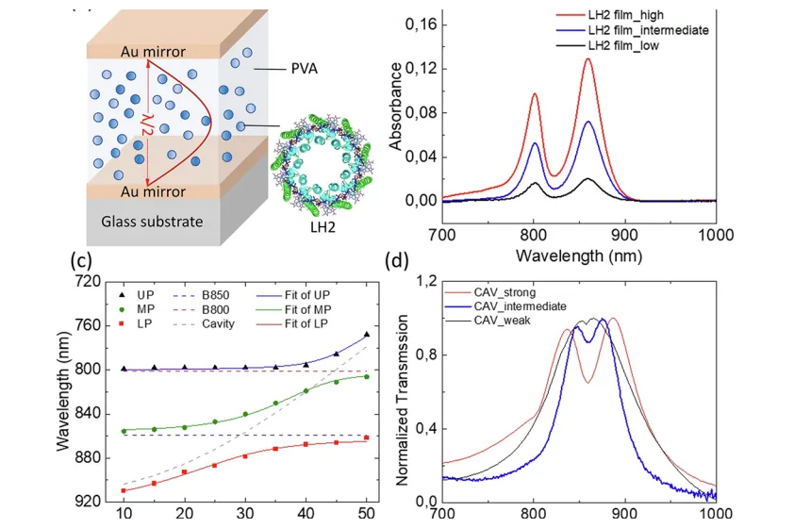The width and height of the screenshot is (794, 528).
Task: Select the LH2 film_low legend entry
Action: (x=607, y=45)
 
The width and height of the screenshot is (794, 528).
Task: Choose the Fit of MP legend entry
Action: (x=293, y=309)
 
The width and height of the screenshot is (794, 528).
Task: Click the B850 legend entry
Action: (x=202, y=295)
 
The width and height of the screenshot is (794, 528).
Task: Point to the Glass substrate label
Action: (x=152, y=222)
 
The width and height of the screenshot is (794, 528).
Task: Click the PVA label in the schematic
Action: (x=304, y=68)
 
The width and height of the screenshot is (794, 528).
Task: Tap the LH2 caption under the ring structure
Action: (x=323, y=227)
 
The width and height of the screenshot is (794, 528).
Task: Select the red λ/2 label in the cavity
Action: (x=146, y=124)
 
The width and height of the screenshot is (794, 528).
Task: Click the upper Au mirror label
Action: (x=153, y=52)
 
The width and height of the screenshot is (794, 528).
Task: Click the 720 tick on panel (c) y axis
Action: (x=87, y=281)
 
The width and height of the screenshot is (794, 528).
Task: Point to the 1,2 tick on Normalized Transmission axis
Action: (x=426, y=281)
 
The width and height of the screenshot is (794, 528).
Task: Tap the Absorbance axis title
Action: (x=395, y=107)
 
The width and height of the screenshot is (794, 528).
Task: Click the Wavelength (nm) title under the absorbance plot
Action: (x=579, y=256)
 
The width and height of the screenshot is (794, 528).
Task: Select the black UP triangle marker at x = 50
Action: (x=367, y=334)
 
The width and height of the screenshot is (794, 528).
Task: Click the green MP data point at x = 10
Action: (x=124, y=431)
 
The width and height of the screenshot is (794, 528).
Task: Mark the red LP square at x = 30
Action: (x=245, y=456)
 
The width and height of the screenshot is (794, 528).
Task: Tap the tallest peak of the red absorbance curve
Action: (x=587, y=58)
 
